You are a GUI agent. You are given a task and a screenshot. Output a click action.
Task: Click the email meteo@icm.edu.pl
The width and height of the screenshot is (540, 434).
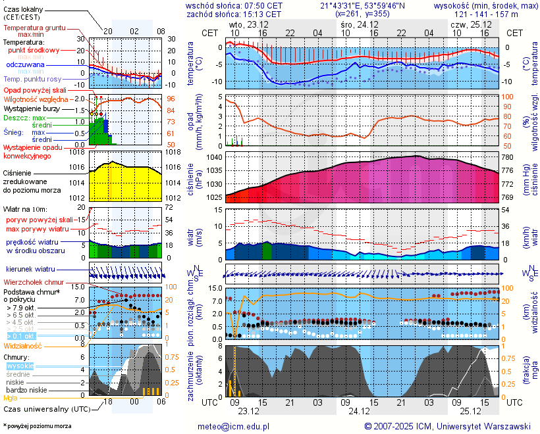pyautogui.click(x=234, y=426)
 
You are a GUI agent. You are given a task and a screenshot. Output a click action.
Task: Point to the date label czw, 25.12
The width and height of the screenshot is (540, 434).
pyautogui.click(x=466, y=24)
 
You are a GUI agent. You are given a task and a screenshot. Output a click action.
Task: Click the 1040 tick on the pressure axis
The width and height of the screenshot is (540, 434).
pyautogui.click(x=215, y=158)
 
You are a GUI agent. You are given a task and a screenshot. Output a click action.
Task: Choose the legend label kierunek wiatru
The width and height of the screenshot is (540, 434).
pyautogui.click(x=30, y=270)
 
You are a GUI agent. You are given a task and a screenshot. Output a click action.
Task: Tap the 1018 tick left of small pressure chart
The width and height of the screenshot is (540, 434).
pyautogui.click(x=78, y=152)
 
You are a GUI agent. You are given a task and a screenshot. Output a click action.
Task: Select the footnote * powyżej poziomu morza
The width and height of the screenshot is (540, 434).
pyautogui.click(x=37, y=426)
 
